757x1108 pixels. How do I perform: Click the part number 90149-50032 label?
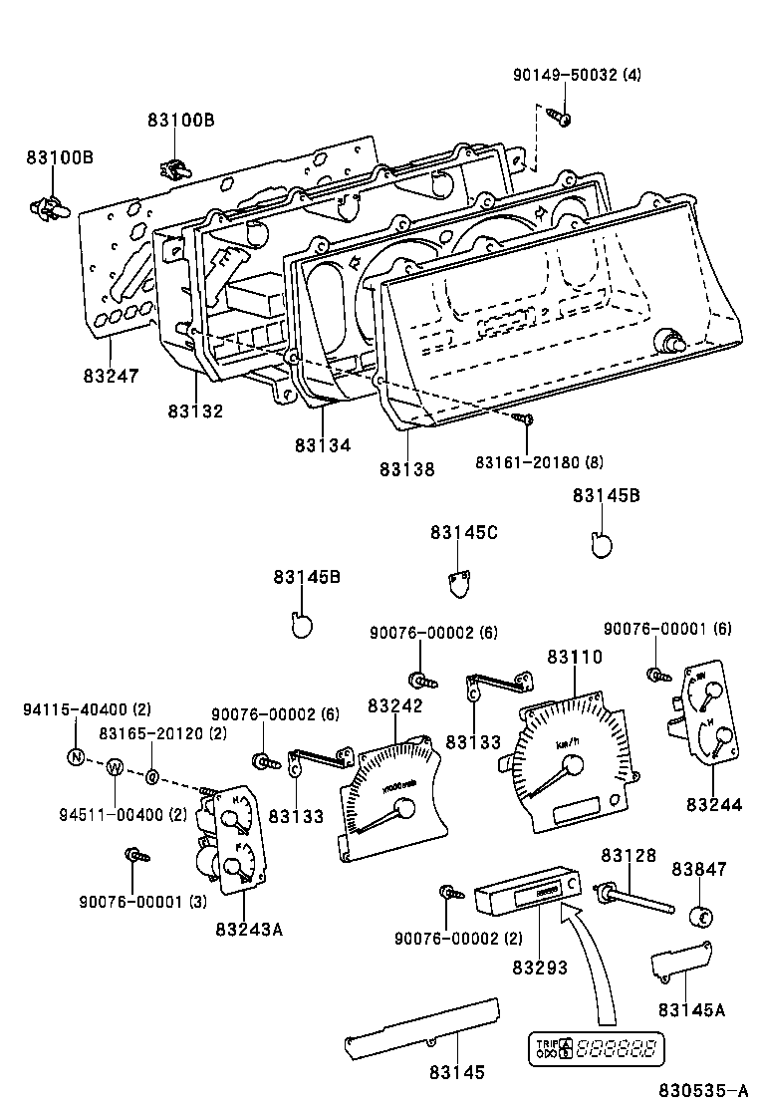pyautogui.click(x=578, y=75)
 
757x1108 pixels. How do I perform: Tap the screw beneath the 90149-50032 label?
pyautogui.click(x=561, y=119)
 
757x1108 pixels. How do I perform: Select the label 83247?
pyautogui.click(x=111, y=376)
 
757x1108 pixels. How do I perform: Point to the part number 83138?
pyautogui.click(x=406, y=468)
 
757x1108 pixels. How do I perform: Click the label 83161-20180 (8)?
pyautogui.click(x=538, y=461)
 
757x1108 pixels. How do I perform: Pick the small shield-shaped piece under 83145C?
pyautogui.click(x=457, y=583)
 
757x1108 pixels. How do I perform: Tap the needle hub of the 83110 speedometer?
pyautogui.click(x=573, y=766)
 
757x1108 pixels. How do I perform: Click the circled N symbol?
pyautogui.click(x=76, y=756)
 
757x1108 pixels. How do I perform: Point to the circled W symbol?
pyautogui.click(x=115, y=767)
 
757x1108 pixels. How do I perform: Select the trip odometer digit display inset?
pyautogui.click(x=597, y=1048)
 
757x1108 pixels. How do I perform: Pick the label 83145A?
pyautogui.click(x=689, y=1009)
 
